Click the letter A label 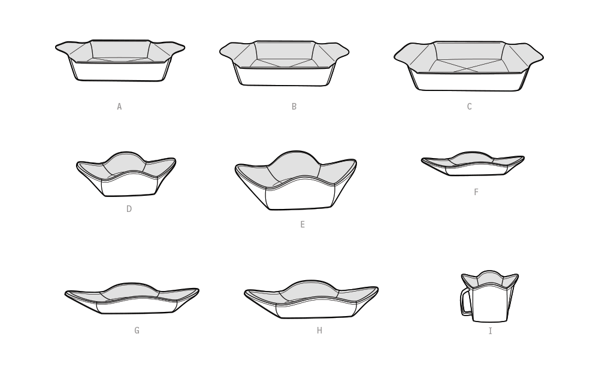[119, 107]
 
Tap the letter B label [294, 107]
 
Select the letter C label [470, 107]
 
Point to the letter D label [129, 209]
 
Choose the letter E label [302, 225]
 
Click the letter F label [476, 192]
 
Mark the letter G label [137, 330]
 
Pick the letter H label [320, 330]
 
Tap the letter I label [491, 331]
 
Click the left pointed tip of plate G [65, 293]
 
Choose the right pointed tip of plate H [377, 288]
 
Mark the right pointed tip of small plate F [524, 157]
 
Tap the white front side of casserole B [284, 77]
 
